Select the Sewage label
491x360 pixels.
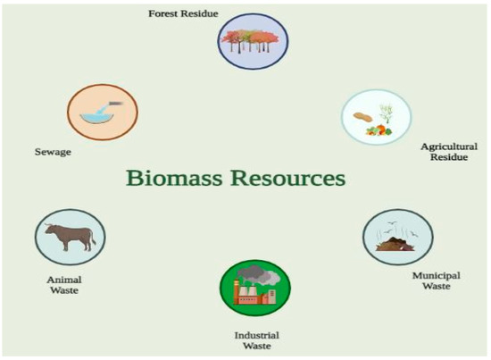[x=54, y=152]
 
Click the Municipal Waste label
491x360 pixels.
[x=436, y=281]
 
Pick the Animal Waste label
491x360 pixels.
[x=63, y=283]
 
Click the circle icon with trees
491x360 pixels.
[x=253, y=44]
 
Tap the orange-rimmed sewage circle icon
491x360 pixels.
[x=102, y=113]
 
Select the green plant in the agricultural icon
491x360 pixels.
[x=387, y=112]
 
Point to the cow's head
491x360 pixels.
[x=89, y=234]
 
